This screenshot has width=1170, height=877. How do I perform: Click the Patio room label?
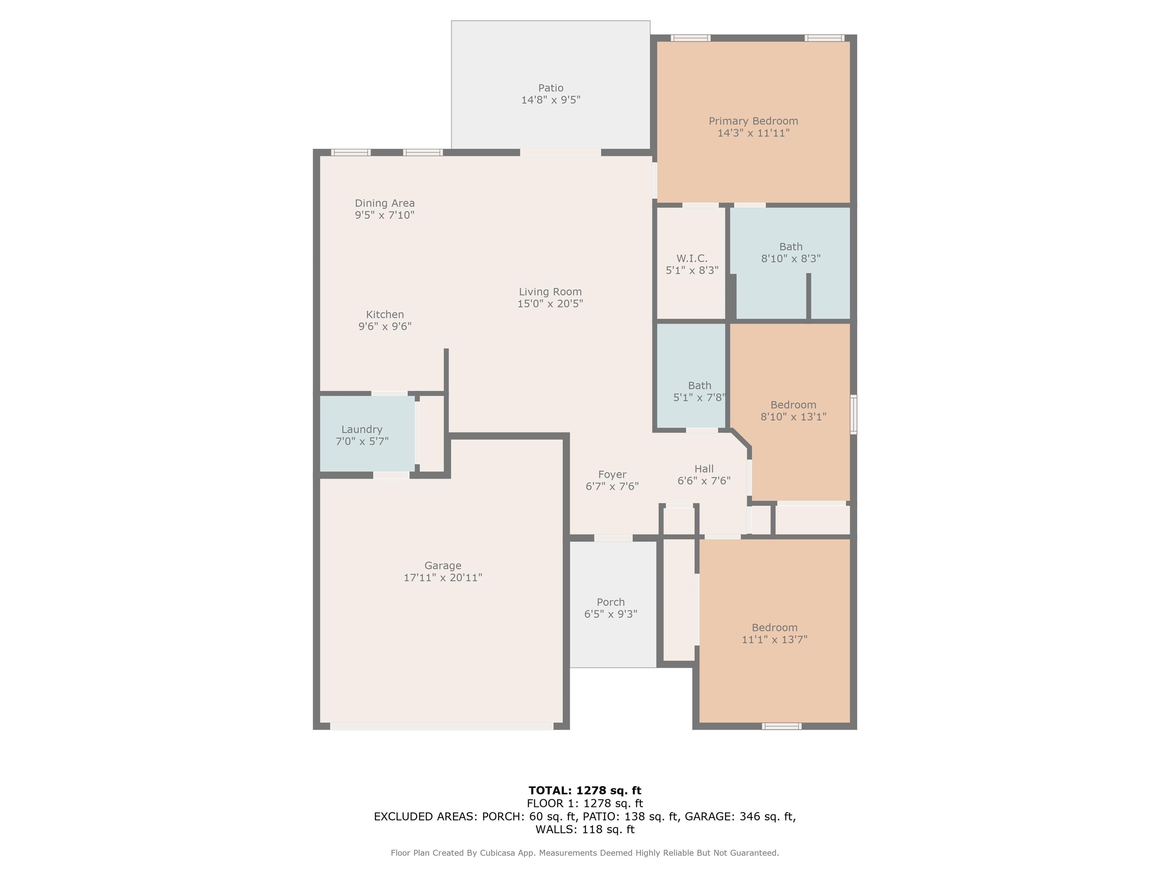click(551, 88)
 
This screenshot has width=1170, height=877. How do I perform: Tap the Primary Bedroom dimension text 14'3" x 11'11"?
click(753, 133)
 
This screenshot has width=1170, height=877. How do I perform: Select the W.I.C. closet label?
click(692, 258)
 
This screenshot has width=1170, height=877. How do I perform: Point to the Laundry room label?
click(362, 430)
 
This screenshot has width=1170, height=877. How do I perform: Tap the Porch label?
click(611, 602)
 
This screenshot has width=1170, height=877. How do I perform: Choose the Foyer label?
click(612, 474)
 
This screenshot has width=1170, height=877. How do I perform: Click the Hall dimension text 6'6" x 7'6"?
click(704, 480)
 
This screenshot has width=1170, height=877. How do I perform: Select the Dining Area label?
click(385, 203)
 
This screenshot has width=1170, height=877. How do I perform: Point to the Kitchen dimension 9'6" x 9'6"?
click(385, 326)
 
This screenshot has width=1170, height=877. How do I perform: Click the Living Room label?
click(550, 292)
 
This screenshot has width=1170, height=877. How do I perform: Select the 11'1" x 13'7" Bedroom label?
click(775, 627)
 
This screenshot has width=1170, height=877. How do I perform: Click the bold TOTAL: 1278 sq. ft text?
click(585, 790)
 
